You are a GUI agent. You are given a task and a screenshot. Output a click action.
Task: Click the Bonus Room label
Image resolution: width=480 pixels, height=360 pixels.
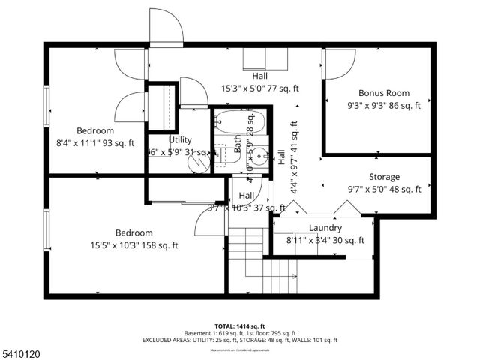[384, 93]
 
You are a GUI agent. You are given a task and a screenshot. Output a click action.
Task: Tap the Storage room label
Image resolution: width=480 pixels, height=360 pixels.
[384, 177]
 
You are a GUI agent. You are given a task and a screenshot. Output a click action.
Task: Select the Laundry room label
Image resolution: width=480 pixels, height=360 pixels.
[325, 228]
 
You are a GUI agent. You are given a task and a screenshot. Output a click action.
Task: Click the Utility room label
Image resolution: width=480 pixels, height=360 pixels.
[181, 139]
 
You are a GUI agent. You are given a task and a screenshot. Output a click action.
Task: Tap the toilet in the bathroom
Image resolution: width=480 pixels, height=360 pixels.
[223, 151]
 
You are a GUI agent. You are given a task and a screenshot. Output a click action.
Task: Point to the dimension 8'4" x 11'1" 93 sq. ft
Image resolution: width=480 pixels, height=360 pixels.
[95, 143]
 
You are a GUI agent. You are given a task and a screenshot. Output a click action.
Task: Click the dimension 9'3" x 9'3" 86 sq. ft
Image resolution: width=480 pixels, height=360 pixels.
[384, 106]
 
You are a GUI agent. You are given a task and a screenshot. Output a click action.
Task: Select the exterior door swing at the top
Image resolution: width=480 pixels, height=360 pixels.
[166, 26]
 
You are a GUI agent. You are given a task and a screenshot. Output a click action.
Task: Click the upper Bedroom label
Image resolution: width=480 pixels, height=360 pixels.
[95, 130]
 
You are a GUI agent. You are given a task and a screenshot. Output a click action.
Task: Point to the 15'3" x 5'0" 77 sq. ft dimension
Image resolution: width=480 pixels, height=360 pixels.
[259, 88]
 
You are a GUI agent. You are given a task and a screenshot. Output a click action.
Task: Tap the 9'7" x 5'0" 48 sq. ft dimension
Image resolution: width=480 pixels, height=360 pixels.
[384, 190]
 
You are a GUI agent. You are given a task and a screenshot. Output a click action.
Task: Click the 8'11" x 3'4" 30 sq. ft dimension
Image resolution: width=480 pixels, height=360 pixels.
[325, 241]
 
